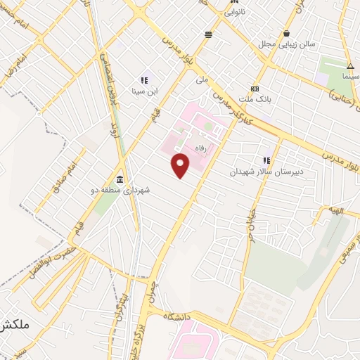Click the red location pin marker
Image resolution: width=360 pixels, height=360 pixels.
[x=181, y=165]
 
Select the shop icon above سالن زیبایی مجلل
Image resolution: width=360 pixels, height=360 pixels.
[x=286, y=33]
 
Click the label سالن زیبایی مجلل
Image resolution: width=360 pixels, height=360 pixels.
[x=286, y=44]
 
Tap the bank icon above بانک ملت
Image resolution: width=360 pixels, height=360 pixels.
[x=255, y=89]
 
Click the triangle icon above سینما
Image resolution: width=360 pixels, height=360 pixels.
[x=350, y=65]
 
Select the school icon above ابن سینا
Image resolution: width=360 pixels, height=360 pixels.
[x=143, y=80]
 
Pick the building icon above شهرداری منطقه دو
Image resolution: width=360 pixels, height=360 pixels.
[x=120, y=179]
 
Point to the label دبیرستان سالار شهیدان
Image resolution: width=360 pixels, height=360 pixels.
[x=261, y=172]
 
